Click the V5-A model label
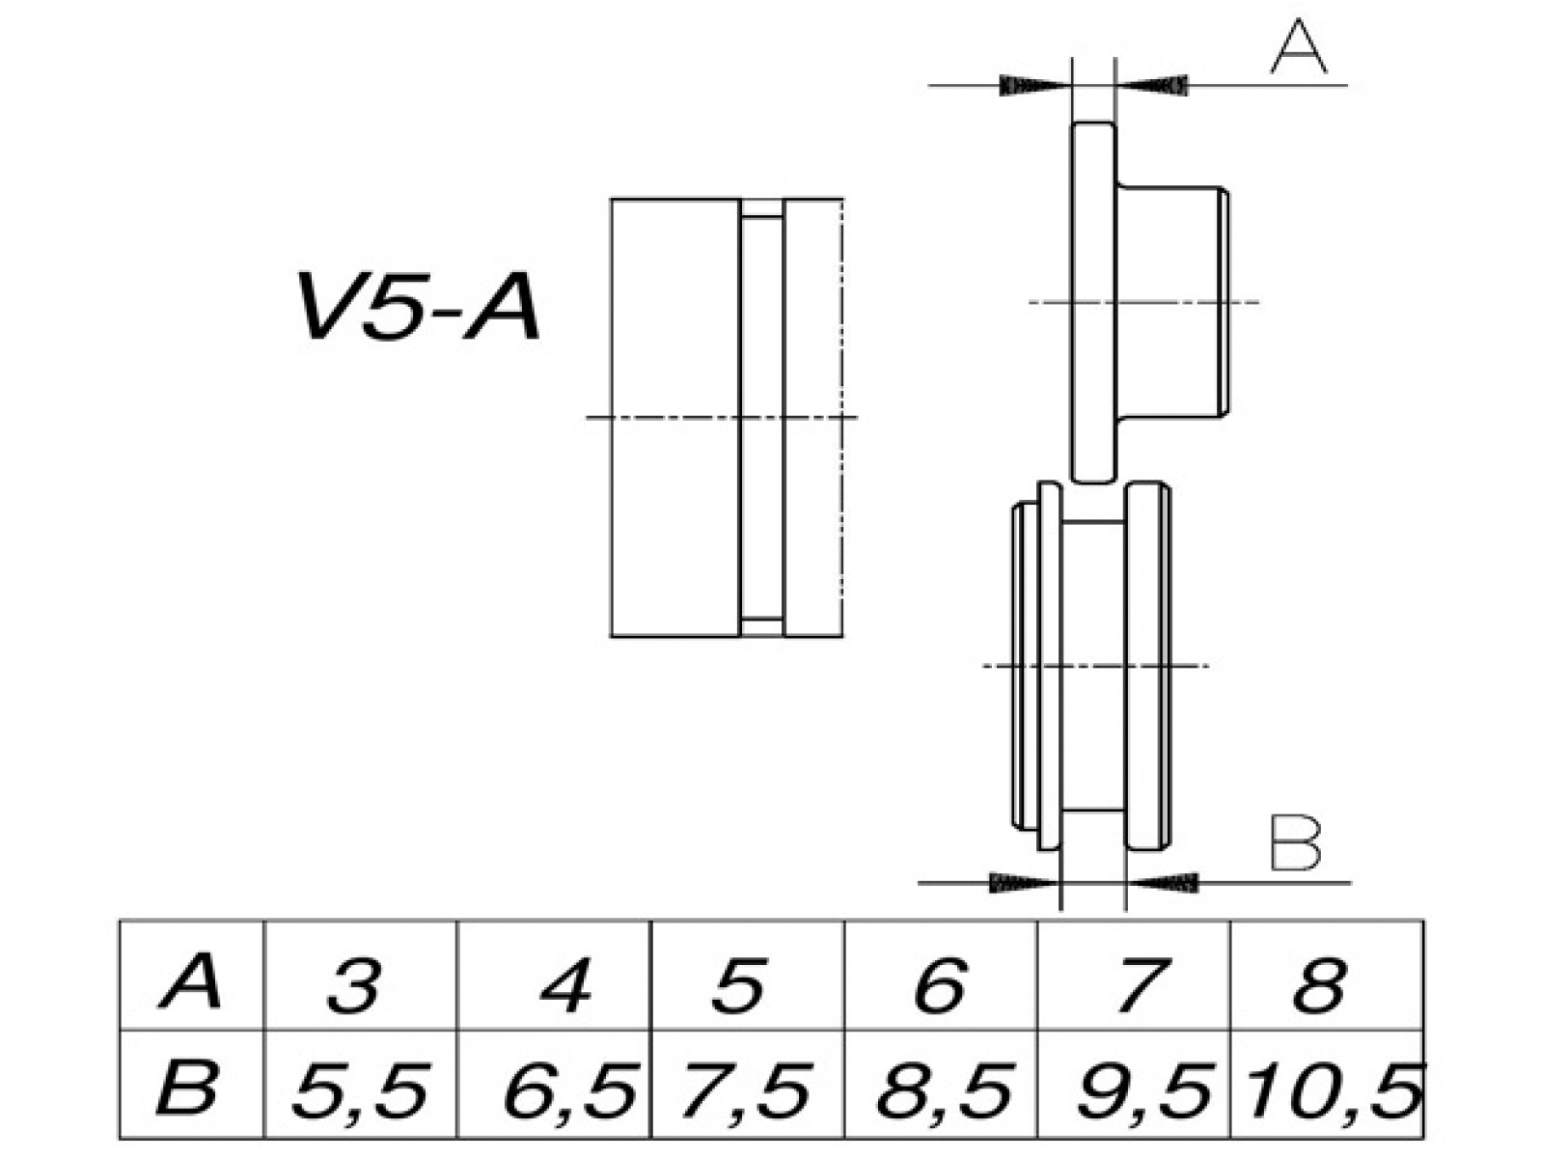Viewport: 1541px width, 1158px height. coord(418,308)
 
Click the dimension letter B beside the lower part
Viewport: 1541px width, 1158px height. coord(1295,843)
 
